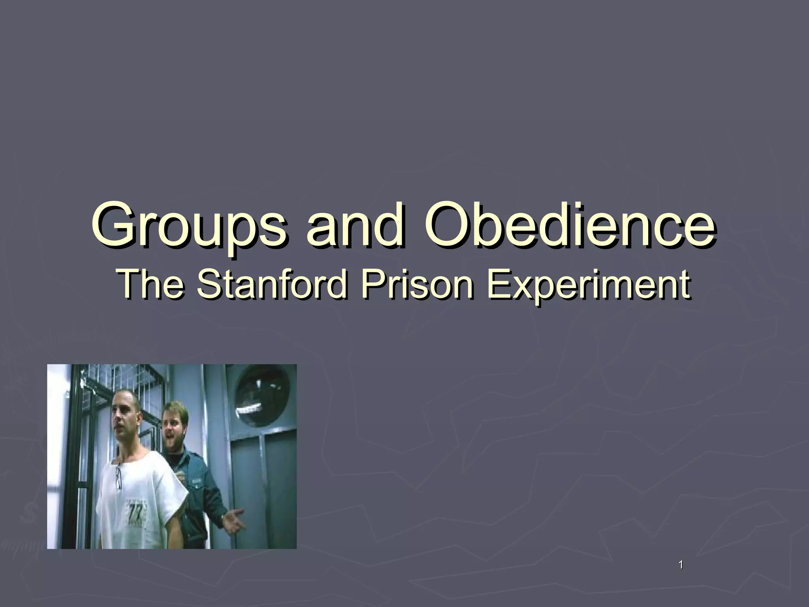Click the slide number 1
point(680,566)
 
